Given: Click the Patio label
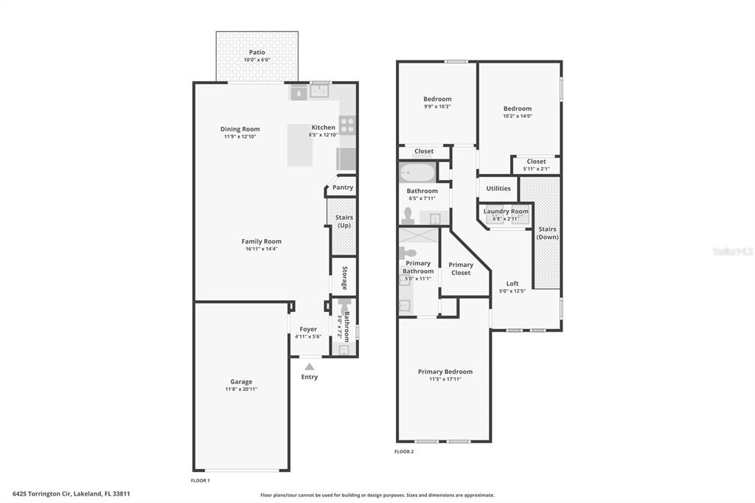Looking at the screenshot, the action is click(257, 52).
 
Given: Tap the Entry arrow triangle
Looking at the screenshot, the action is click(310, 367).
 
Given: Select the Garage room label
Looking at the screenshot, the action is click(241, 381).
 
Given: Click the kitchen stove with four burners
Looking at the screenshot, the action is click(347, 125).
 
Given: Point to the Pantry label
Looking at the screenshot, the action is click(343, 187).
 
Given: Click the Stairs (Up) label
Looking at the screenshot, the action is click(344, 221).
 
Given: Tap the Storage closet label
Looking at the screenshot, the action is click(345, 279).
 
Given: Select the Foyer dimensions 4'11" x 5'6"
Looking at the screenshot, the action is click(308, 337).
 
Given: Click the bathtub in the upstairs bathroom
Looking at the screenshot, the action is click(417, 172).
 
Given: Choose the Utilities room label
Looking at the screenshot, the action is click(498, 188).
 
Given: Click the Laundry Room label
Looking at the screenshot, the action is click(506, 211).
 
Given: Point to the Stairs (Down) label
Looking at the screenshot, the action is click(548, 233).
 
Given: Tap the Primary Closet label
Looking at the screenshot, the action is click(461, 268).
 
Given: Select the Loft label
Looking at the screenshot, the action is click(512, 283).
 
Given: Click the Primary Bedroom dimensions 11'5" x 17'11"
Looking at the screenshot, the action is click(445, 379).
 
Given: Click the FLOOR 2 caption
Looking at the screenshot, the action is click(404, 451).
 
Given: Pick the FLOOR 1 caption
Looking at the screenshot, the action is click(201, 480).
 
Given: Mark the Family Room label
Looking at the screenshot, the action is click(262, 241).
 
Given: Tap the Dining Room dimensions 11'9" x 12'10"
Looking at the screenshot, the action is click(240, 136).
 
